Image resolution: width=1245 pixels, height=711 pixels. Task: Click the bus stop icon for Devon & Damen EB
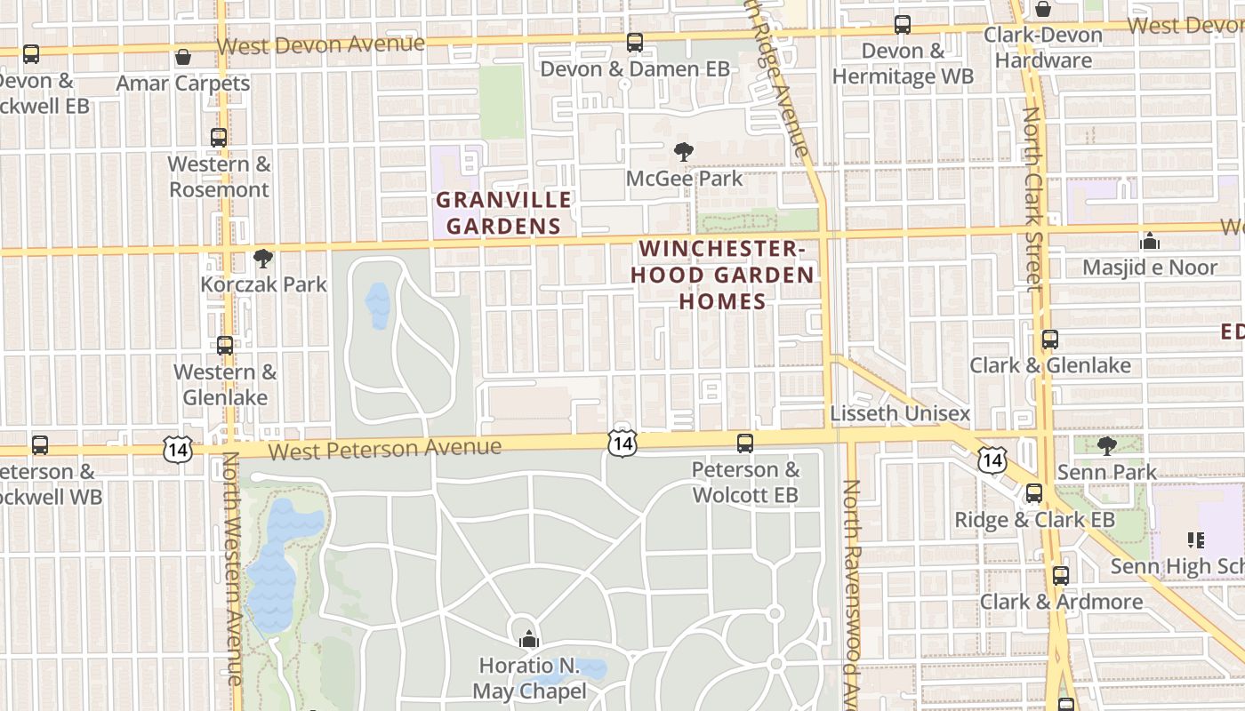634,42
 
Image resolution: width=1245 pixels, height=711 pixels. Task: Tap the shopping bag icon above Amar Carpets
183,57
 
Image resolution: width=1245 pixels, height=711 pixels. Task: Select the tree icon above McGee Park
683,152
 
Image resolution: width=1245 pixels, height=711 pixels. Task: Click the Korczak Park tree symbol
262,259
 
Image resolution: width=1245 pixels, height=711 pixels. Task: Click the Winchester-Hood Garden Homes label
722,275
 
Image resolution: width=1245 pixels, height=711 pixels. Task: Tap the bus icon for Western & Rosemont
219,138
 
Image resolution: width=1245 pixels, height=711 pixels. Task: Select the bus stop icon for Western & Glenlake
225,346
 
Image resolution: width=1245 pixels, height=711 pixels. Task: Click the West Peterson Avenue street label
384,449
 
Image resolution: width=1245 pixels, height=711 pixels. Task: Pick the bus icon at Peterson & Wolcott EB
745,443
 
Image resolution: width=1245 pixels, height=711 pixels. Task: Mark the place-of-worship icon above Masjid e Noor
1150,241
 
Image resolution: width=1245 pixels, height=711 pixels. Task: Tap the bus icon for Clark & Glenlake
1050,340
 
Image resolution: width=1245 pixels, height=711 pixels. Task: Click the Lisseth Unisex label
900,414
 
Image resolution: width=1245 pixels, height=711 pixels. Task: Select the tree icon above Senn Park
1106,446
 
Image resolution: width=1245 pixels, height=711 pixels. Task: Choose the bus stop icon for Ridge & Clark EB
1034,493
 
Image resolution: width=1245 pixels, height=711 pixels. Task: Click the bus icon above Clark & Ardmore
1060,576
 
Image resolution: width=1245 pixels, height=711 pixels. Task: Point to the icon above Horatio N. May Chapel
529,638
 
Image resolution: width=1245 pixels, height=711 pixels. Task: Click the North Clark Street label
1032,200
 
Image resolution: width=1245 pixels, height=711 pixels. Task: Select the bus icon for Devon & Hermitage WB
903,25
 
